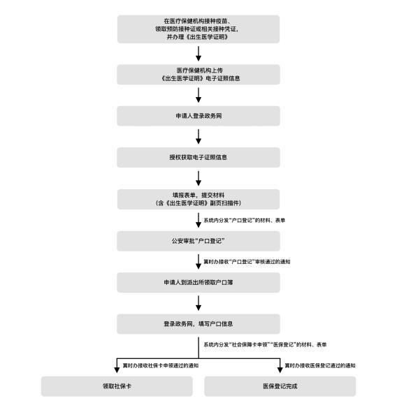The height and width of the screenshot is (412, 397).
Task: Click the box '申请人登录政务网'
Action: [198, 116]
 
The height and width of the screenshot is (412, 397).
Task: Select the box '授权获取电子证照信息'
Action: [198, 157]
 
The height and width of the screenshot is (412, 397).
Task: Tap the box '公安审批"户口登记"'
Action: [198, 241]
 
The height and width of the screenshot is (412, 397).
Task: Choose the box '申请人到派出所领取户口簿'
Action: [198, 282]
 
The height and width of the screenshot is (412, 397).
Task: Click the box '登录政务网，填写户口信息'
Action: [198, 324]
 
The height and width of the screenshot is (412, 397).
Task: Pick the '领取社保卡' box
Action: [117, 386]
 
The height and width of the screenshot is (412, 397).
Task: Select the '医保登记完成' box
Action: [280, 386]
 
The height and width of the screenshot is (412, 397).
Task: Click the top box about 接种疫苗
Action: [198, 29]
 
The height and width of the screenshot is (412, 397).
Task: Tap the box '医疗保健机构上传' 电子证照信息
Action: [198, 74]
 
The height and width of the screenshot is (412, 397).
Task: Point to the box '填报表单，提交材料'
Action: [198, 199]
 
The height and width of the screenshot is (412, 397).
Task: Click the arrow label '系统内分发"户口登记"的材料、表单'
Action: [245, 220]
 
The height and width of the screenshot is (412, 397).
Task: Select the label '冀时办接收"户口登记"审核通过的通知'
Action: [247, 262]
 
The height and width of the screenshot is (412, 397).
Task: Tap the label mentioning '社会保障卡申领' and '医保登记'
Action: [265, 344]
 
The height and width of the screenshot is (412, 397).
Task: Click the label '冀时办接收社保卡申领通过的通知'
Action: [161, 365]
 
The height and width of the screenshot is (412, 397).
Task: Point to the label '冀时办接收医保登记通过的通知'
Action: [320, 365]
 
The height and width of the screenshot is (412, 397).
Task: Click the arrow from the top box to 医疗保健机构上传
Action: [198, 54]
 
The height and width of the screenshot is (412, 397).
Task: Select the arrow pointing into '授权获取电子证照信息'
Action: [198, 137]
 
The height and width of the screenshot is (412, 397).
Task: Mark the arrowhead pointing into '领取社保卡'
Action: [117, 370]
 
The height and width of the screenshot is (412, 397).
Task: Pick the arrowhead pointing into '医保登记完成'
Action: [280, 370]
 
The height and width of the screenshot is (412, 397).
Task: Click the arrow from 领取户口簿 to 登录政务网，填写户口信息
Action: [198, 303]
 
